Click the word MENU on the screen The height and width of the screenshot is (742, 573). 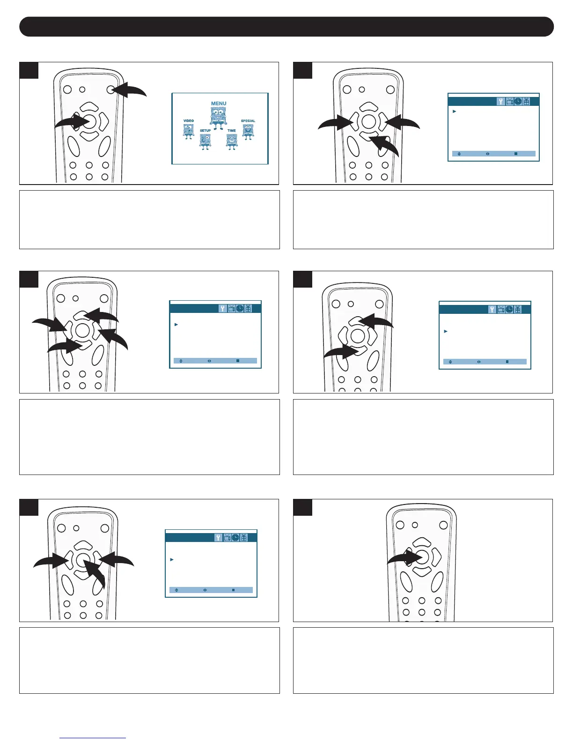click(219, 104)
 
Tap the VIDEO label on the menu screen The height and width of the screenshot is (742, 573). click(188, 121)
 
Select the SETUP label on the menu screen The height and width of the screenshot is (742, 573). click(206, 131)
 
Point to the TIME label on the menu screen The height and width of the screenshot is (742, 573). click(232, 131)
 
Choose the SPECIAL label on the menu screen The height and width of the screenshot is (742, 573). click(248, 121)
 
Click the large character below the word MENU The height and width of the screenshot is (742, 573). click(219, 117)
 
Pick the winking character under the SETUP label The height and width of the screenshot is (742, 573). click(205, 141)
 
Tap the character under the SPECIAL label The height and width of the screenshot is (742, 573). click(248, 132)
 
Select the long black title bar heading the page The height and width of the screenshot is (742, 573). click(286, 27)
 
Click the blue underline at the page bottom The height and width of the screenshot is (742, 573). click(93, 738)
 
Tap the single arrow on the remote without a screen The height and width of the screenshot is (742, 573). click(404, 557)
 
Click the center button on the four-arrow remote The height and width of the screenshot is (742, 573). click(82, 330)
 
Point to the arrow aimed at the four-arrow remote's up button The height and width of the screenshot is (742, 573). click(104, 315)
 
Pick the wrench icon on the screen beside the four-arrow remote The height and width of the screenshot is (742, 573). click(223, 309)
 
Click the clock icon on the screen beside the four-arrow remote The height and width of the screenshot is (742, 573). click(240, 309)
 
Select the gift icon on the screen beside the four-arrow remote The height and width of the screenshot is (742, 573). click(248, 309)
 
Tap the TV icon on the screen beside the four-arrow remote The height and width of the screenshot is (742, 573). click(231, 309)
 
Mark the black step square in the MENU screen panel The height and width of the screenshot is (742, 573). click(29, 71)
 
